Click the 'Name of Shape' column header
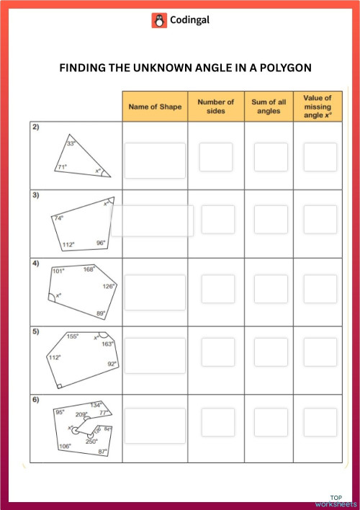point(155,107)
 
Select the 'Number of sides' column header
point(216,107)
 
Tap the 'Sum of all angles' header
point(269,107)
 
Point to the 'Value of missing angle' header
point(318,106)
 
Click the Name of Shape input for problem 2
point(155,157)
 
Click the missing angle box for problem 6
point(320,423)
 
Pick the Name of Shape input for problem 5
point(155,355)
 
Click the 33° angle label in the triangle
point(71,143)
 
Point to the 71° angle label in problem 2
point(62,167)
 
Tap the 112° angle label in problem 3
point(68,244)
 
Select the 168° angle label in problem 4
point(89,269)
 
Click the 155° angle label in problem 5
point(72,336)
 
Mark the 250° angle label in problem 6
point(91,441)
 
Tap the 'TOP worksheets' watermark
point(337,501)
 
